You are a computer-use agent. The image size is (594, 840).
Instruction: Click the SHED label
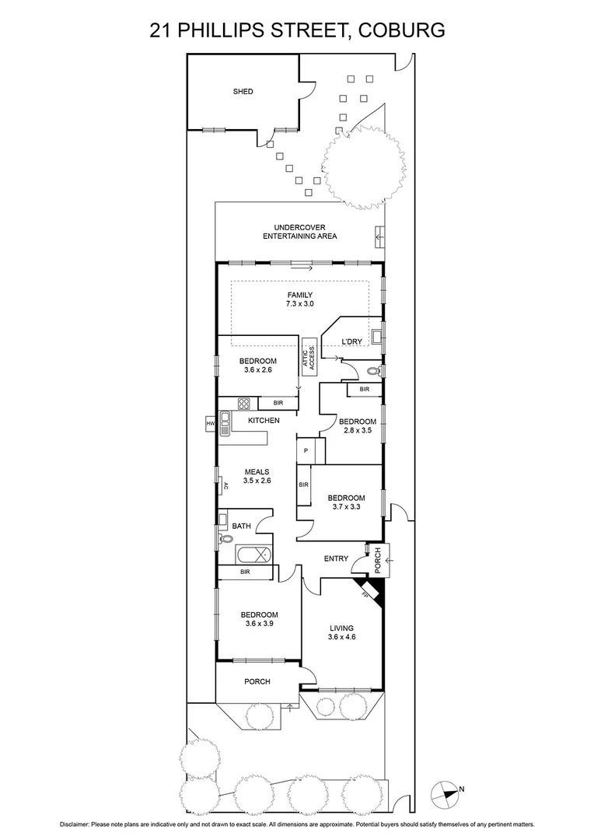[x=243, y=92]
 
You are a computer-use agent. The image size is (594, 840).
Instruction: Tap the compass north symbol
[x=445, y=793]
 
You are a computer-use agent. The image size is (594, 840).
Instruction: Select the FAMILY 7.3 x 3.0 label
[x=300, y=299]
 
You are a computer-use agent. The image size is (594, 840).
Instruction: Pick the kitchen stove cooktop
[x=243, y=403]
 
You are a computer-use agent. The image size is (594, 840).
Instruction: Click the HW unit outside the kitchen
[x=210, y=423]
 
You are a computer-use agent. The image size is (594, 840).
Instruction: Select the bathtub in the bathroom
[x=254, y=555]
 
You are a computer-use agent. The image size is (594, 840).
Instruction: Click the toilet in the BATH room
[x=226, y=538]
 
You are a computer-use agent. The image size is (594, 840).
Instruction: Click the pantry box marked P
[x=306, y=450]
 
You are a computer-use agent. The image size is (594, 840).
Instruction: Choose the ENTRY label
[x=336, y=558]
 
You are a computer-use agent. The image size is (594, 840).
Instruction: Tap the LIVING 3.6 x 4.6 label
[x=341, y=633]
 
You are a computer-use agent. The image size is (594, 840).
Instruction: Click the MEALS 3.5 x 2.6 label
[x=257, y=476]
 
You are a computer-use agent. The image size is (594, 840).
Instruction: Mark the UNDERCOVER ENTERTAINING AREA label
[x=299, y=232]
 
